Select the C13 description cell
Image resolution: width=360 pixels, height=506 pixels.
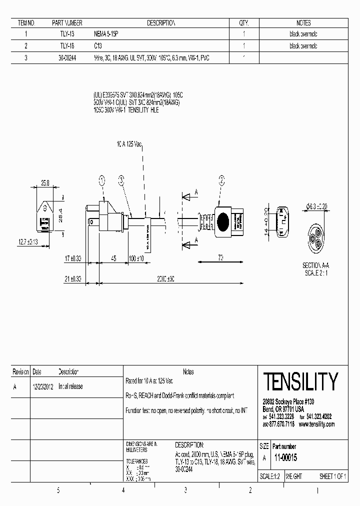click(98, 46)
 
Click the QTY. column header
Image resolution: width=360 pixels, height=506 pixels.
click(244, 23)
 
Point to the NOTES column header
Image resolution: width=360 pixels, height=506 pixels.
click(303, 23)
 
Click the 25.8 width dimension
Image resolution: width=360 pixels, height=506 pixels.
click(44, 184)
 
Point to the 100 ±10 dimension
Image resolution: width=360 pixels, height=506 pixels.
click(136, 258)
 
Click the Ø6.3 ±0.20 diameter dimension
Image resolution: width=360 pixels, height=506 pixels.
click(316, 206)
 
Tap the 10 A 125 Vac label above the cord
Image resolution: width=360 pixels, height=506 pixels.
click(129, 144)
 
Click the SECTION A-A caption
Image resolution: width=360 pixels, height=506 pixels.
click(315, 265)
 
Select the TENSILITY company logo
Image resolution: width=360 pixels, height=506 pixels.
click(300, 382)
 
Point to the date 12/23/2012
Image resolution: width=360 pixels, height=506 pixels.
click(43, 386)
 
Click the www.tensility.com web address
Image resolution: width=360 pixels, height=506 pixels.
click(316, 424)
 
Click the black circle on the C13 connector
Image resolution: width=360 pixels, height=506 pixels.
click(222, 220)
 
